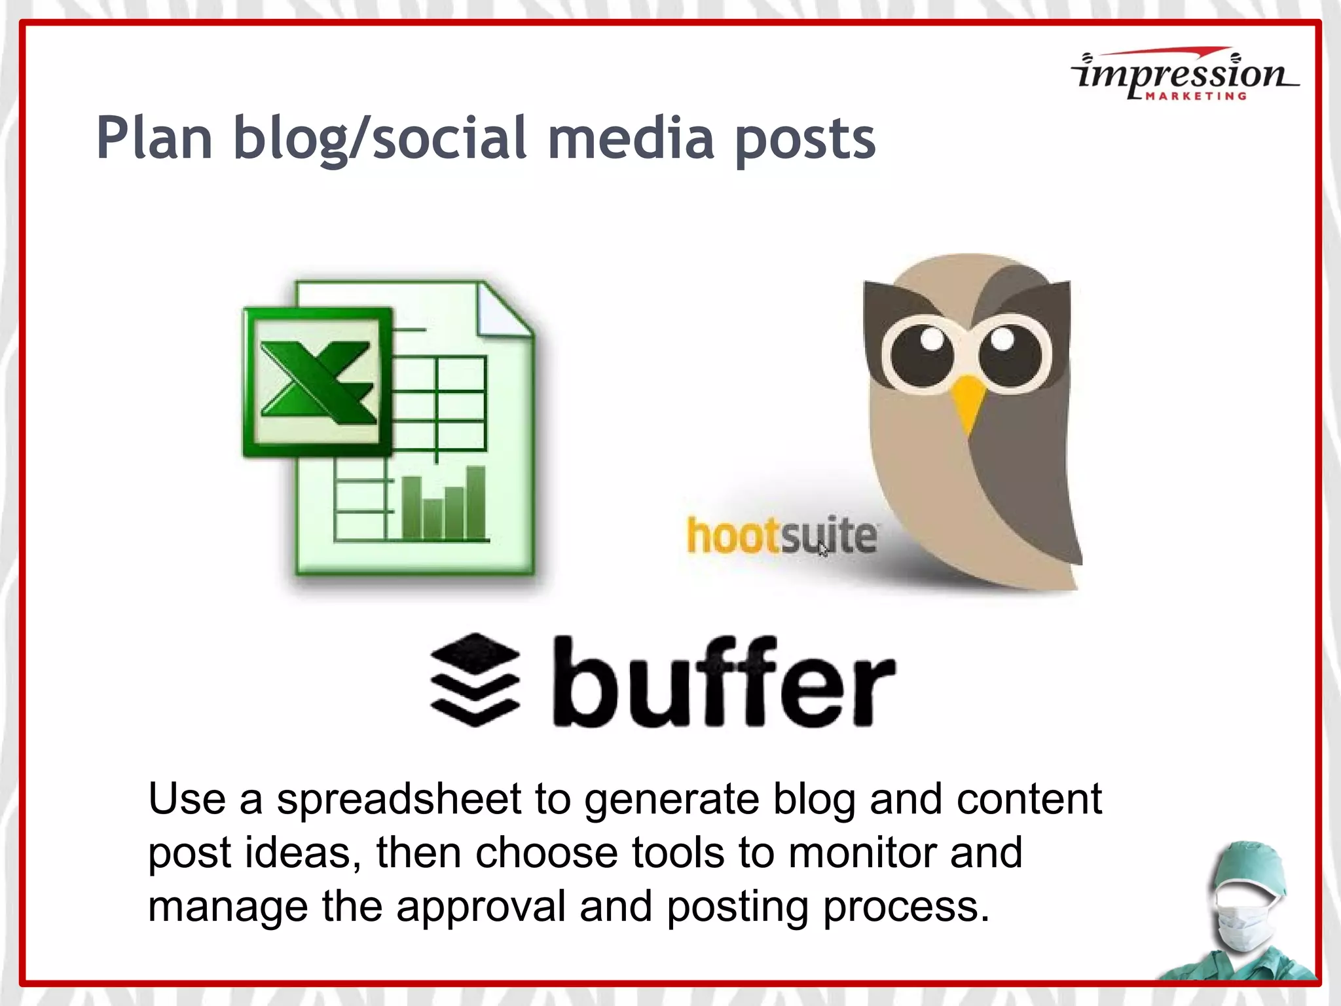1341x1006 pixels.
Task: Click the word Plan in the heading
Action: [x=155, y=139]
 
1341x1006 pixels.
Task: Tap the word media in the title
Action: [x=630, y=139]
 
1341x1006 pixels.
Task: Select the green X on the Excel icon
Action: [x=318, y=382]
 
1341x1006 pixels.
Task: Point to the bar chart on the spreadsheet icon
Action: [x=444, y=504]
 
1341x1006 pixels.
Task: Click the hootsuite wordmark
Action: [x=781, y=536]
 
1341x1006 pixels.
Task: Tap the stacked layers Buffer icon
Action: [x=475, y=680]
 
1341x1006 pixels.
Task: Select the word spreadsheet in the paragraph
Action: [x=399, y=800]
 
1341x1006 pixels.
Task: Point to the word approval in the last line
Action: [x=481, y=906]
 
